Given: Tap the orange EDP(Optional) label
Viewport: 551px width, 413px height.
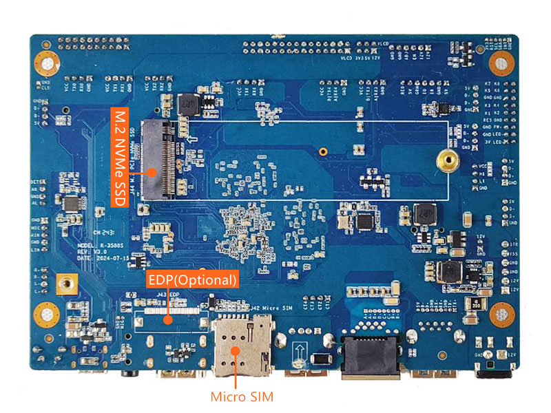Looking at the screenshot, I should [193, 279].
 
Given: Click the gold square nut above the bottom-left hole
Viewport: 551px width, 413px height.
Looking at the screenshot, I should [67, 282].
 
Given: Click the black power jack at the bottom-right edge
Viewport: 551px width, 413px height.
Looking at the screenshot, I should [493, 372].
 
